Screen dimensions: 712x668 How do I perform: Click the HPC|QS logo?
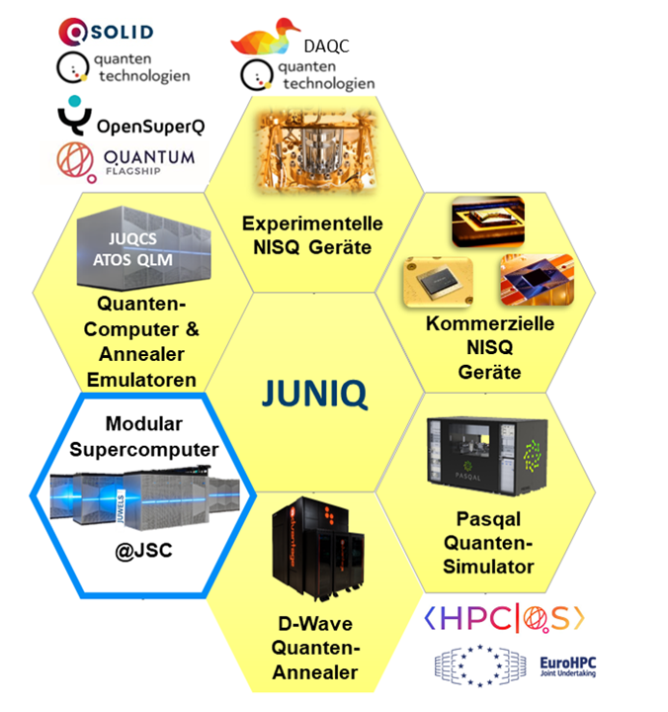point(504,618)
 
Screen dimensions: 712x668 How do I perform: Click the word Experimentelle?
point(312,223)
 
